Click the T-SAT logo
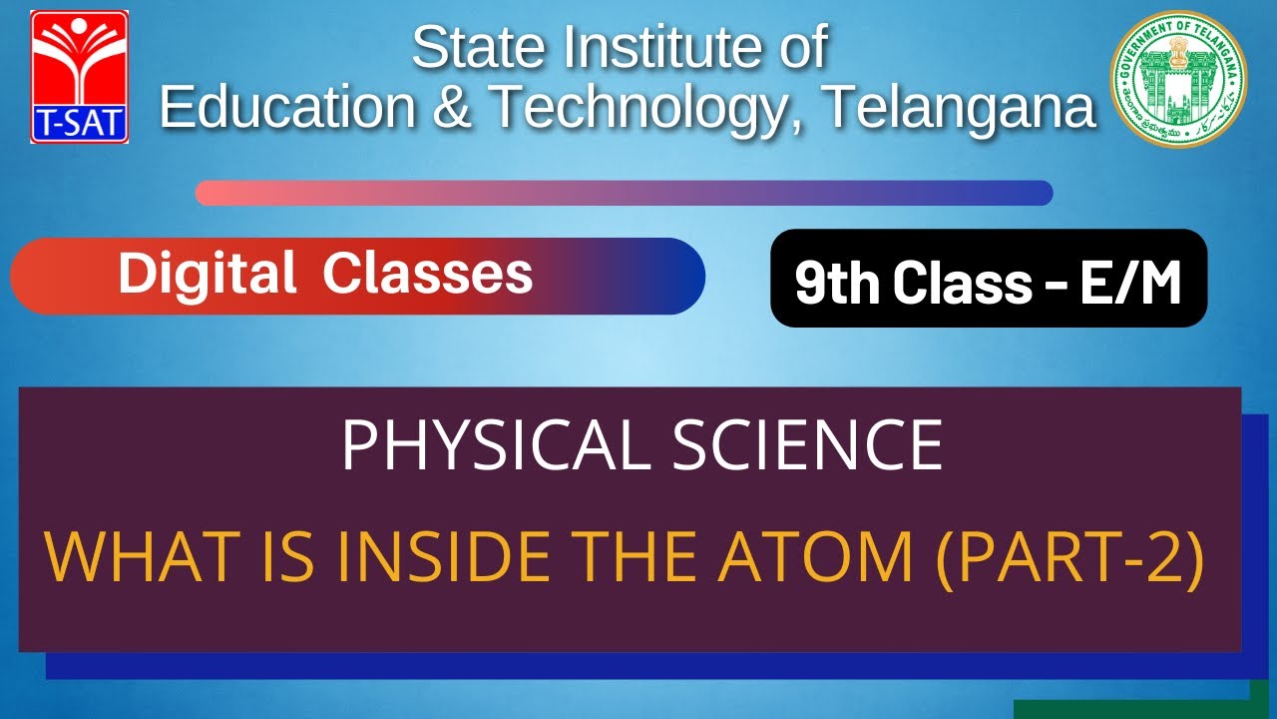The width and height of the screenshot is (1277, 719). [80, 76]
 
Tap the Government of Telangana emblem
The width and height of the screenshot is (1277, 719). [1178, 79]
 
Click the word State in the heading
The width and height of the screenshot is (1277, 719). [476, 47]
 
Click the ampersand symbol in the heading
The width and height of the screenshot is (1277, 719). [453, 107]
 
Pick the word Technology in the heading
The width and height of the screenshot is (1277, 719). [638, 107]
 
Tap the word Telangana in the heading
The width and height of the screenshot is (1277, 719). [959, 107]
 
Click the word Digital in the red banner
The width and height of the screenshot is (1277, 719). [208, 273]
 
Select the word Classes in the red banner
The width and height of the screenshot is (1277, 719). [427, 273]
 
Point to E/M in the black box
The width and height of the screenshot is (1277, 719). [1131, 285]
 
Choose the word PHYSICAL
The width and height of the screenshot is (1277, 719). [495, 445]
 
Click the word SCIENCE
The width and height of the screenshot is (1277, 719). [806, 445]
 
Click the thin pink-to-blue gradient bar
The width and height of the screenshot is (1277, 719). [624, 193]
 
